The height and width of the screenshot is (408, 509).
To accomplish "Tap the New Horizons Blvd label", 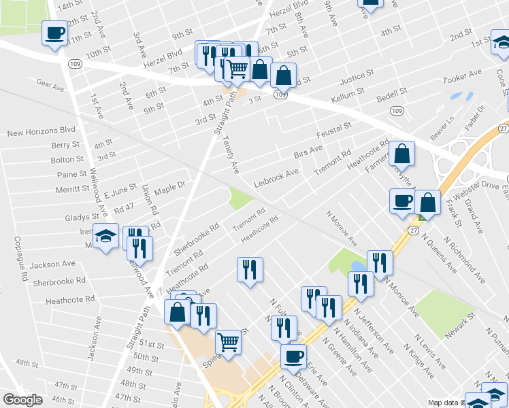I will tap(41, 130).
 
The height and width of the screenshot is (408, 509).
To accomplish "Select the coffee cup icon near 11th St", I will tap(54, 32).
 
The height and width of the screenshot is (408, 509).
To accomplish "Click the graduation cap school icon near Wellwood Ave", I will tap(105, 236).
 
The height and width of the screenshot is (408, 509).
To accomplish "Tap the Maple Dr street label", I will tap(170, 184).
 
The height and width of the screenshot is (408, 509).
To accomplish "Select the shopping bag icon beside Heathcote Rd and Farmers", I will tap(403, 155).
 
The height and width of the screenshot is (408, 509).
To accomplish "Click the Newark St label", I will tap(461, 326).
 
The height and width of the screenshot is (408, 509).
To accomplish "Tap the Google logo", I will tap(22, 400).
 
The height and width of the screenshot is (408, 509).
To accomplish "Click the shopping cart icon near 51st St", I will tap(228, 341).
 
